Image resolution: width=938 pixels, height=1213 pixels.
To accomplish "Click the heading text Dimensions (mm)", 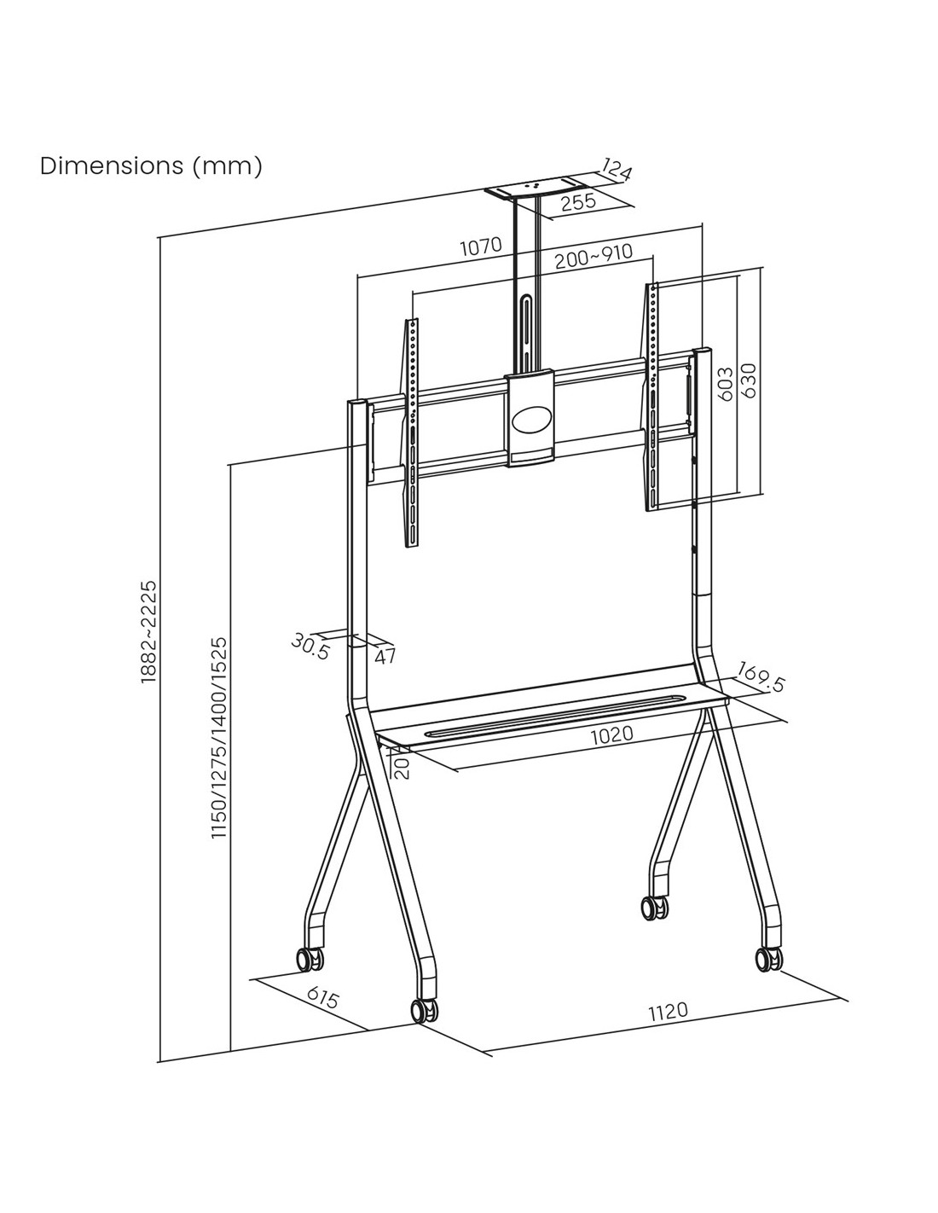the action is click(151, 165).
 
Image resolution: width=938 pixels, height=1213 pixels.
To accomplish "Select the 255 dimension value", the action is click(578, 201).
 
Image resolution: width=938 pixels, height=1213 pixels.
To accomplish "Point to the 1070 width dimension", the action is click(481, 247).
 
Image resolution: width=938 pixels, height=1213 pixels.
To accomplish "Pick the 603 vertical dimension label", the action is click(725, 384).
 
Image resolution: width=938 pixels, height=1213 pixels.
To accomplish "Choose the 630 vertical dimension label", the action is click(749, 380).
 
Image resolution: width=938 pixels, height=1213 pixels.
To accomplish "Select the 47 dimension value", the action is click(385, 657).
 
